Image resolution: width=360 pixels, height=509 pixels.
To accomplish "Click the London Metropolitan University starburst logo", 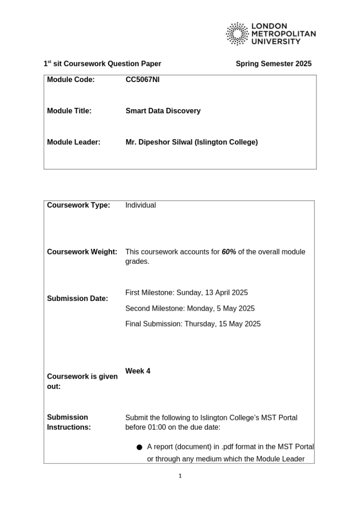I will coord(237,34).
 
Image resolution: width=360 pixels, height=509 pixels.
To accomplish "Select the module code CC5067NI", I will coord(142,80).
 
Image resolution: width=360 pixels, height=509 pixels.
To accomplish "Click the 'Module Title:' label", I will coord(69,111).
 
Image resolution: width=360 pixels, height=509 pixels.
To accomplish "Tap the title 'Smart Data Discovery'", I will coord(163,111).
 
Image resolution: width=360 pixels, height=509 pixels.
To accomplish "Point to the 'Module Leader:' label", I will coord(74,142).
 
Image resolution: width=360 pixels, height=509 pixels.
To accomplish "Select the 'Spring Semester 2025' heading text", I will coord(273,64).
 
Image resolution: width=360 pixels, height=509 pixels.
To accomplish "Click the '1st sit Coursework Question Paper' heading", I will coord(102,64).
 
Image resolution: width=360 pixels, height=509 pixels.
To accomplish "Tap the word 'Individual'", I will coord(141,205).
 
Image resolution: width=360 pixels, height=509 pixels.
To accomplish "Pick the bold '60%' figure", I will coord(229,252).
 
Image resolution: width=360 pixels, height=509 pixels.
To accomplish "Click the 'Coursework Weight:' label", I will coord(82,252).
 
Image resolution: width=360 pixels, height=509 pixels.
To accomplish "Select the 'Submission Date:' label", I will coord(77,299).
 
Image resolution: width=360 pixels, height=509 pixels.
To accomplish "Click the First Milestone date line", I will coord(187,293).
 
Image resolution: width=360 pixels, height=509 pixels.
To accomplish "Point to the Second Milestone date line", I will coord(190,308).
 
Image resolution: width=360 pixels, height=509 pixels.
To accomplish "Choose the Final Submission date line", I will coord(193,324).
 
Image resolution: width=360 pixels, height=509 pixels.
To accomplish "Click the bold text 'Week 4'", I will coord(138,371).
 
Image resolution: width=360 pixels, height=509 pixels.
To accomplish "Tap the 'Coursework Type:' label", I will coord(78,205).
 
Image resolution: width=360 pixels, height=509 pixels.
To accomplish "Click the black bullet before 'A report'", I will coord(139,447).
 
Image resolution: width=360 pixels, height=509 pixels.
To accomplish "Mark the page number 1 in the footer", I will coord(180,476).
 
